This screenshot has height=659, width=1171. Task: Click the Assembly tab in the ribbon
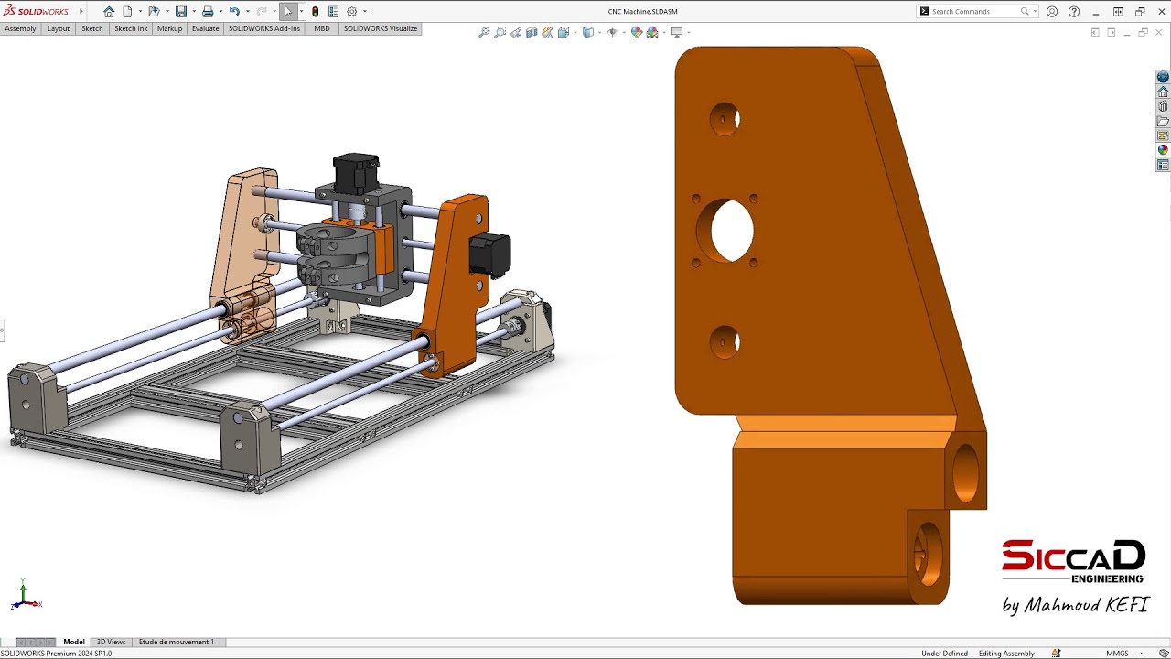(20, 28)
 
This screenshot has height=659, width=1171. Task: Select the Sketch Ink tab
(131, 28)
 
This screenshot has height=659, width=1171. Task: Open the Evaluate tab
(205, 28)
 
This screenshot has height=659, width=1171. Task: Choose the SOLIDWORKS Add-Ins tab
(264, 28)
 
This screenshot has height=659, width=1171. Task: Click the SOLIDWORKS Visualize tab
(381, 28)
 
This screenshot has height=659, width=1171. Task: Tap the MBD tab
(322, 28)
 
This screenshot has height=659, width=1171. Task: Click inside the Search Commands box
(973, 12)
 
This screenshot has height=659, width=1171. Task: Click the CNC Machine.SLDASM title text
(642, 12)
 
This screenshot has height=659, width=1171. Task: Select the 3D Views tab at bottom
(112, 642)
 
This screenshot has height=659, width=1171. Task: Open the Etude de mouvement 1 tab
(177, 642)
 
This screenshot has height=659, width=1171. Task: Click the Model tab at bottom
(74, 642)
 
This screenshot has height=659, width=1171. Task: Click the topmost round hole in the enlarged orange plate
(725, 119)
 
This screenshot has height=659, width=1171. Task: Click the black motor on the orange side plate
(489, 254)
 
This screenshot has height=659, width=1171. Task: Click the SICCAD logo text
(1072, 556)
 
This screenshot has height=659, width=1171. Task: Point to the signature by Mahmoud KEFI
(1075, 605)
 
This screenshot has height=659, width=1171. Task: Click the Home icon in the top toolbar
(109, 12)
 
